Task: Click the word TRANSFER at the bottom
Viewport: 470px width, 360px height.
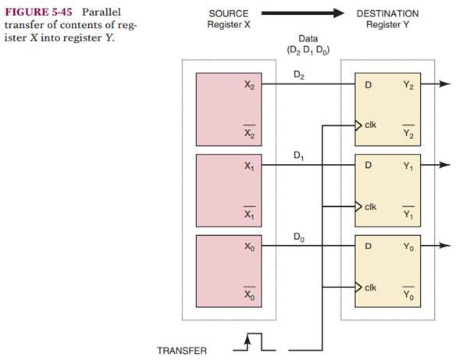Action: point(182,350)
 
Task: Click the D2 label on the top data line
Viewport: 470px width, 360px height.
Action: point(299,74)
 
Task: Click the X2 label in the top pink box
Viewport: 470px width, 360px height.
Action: point(249,84)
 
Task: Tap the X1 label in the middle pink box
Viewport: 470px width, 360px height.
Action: point(249,166)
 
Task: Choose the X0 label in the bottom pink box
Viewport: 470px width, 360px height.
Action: point(249,246)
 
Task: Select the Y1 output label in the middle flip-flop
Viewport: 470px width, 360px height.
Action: point(408,166)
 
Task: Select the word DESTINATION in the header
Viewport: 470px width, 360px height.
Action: point(387,13)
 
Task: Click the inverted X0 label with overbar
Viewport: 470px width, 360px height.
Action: point(249,296)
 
